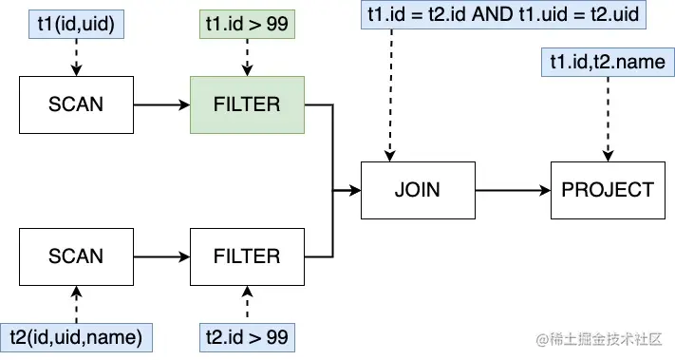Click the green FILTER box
247,104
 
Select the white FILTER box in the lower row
247,256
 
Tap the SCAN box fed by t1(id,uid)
76,104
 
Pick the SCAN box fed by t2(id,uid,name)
76,256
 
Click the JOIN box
417,190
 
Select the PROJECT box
608,190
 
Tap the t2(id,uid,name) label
76,336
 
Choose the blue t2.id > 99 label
247,336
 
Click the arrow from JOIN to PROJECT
513,190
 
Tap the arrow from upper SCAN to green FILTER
161,104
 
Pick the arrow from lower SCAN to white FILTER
161,256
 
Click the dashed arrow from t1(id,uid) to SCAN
76,59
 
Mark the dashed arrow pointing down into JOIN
388,95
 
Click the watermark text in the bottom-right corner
598,339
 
